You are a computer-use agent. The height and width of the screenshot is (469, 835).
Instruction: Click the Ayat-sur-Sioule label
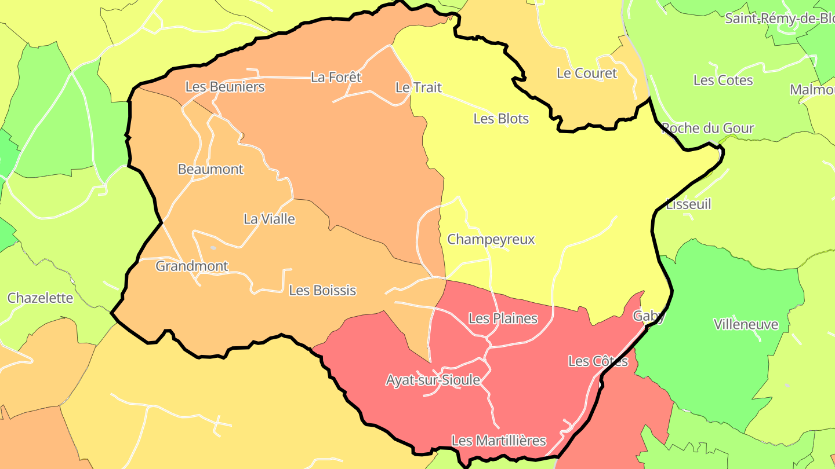coord(433,380)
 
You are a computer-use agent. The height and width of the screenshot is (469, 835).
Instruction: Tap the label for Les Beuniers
coord(225,87)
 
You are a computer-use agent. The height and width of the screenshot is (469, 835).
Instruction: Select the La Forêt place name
coord(336,77)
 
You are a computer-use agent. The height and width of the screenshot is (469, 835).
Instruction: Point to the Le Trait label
coord(418,87)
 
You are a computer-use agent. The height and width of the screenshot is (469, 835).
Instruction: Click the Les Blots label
coord(501,119)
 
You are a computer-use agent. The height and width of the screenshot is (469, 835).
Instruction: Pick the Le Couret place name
coord(587,74)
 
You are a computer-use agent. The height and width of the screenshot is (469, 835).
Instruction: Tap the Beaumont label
coord(210,170)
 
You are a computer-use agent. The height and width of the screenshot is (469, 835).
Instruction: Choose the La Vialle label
coord(269,219)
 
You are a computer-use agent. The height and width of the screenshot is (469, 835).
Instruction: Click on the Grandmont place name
coord(192,266)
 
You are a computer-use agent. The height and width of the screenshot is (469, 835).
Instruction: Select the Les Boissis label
coord(322,291)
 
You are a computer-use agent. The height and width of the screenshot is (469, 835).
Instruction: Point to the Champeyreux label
coord(491,240)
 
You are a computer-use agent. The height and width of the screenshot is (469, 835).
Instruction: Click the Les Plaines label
coord(503,318)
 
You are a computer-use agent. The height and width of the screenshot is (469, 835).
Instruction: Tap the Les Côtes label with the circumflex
coord(598,362)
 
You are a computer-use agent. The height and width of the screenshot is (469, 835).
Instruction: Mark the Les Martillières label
coord(499,441)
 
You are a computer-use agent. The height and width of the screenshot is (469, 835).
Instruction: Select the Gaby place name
coord(649,316)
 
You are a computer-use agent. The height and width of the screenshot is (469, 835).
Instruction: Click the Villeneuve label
coord(746,324)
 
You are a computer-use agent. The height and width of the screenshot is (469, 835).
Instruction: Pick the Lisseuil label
coord(688,204)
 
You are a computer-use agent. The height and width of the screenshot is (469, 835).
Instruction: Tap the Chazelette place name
coord(41,298)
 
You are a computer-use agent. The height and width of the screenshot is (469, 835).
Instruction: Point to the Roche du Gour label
coord(708,129)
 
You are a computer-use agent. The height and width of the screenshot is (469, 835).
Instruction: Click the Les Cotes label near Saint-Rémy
coord(723,80)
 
